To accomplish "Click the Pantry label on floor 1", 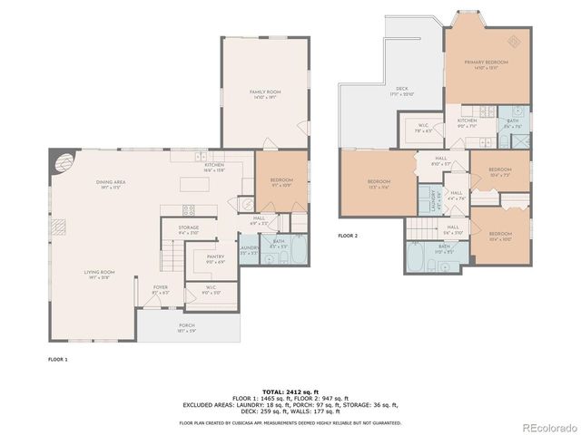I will tap(215, 258).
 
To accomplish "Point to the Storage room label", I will tap(189, 229).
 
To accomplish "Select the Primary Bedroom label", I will tap(486, 63).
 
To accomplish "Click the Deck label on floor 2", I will tap(401, 91).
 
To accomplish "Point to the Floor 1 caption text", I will tap(58, 360).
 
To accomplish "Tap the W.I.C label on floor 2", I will tap(423, 128).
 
